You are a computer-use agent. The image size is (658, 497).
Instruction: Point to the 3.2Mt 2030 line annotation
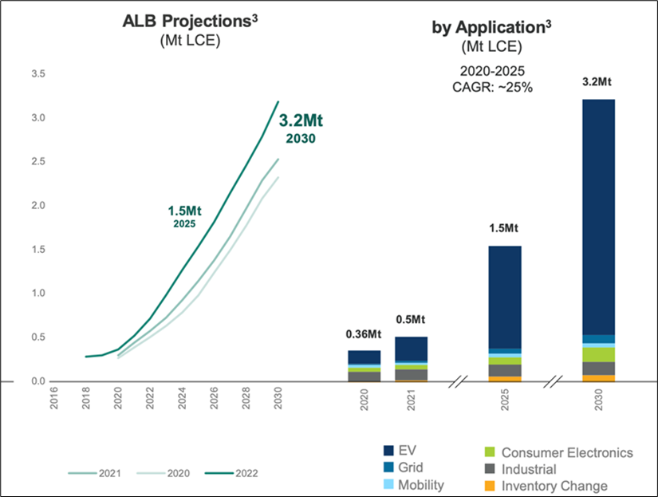(x=305, y=128)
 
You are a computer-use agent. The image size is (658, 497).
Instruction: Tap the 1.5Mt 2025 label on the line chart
(x=185, y=216)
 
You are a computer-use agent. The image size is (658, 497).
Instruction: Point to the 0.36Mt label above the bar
(x=364, y=333)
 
